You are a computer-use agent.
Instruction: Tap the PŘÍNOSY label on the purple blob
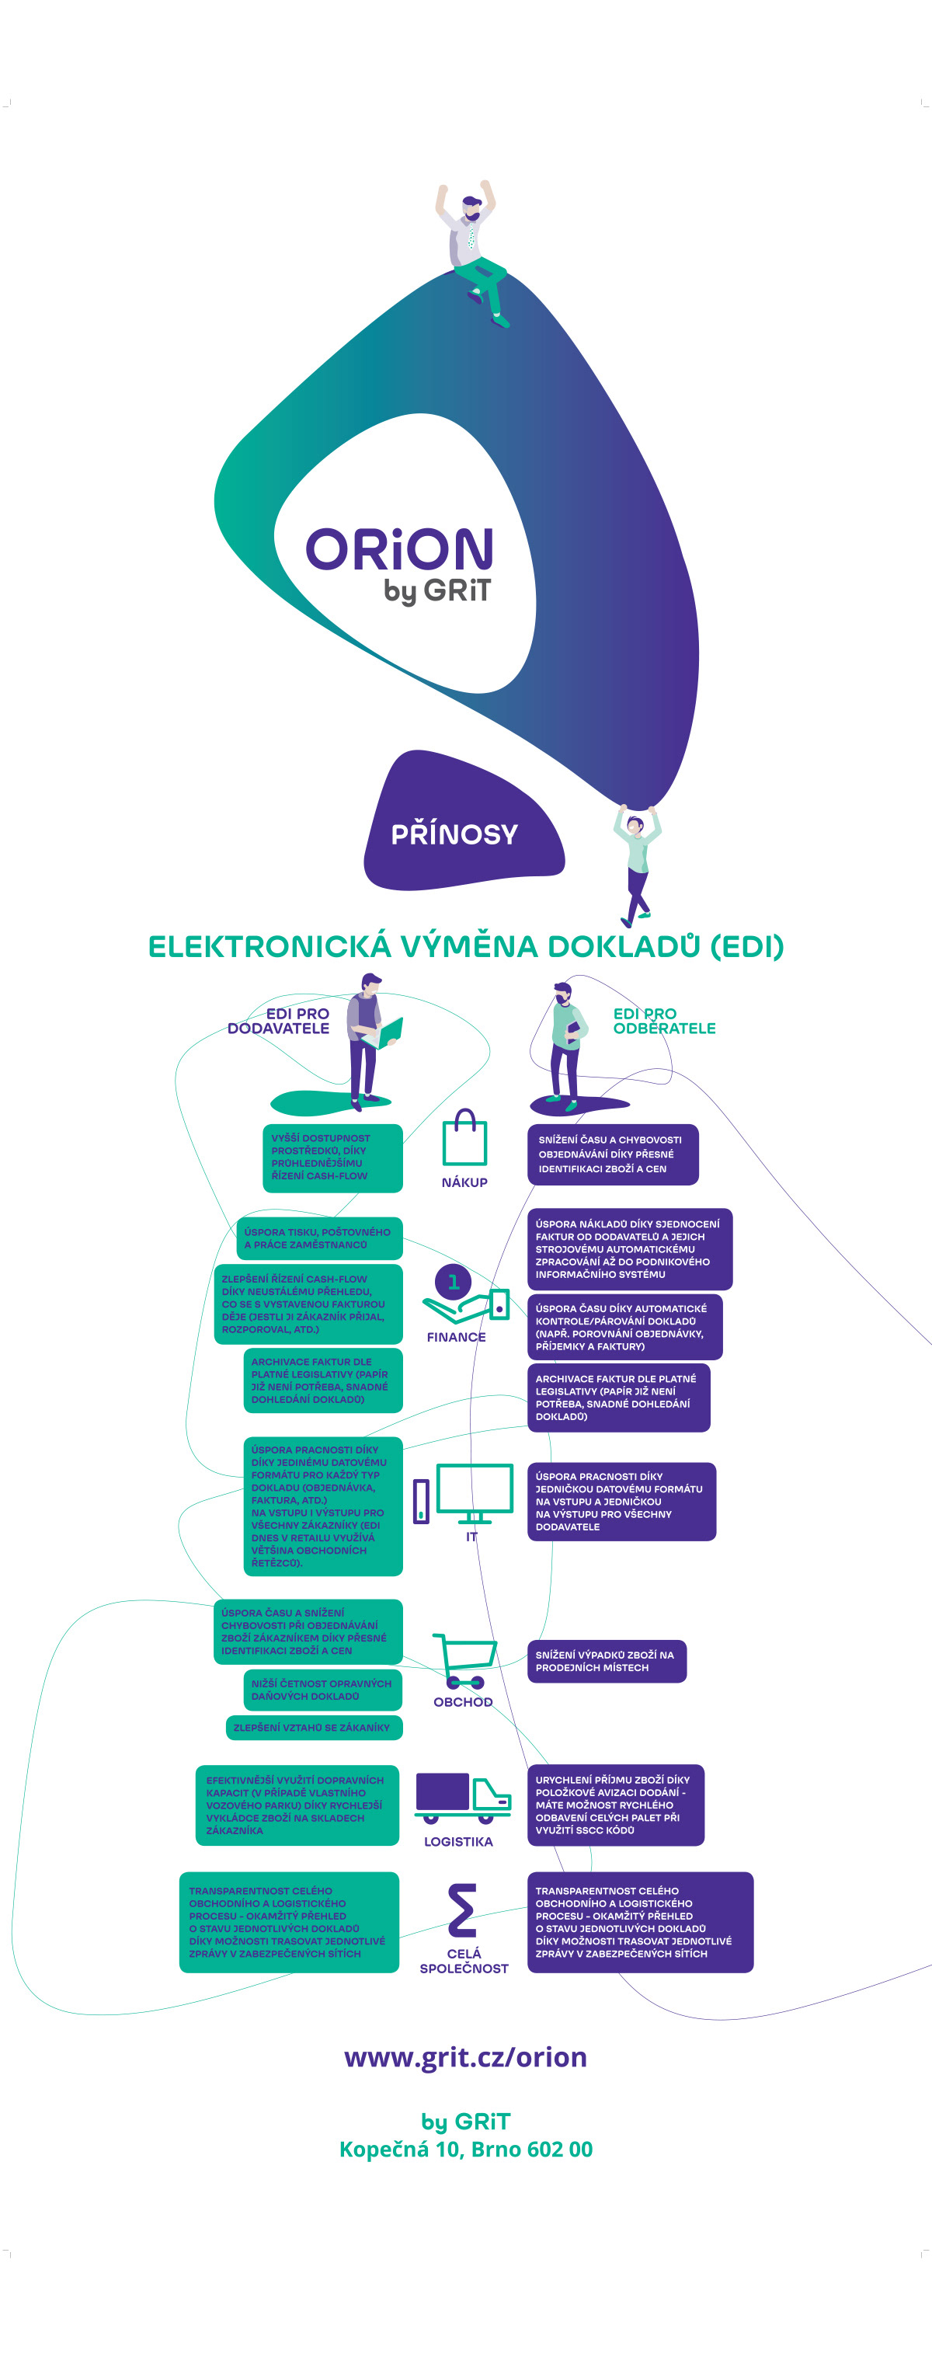(x=454, y=834)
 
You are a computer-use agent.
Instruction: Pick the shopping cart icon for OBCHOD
(x=464, y=1660)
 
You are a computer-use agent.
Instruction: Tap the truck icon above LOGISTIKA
(x=462, y=1797)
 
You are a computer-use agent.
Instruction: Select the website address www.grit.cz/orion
(x=465, y=2057)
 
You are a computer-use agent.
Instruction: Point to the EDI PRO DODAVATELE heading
(x=279, y=1021)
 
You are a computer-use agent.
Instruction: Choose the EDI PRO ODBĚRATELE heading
(x=663, y=1021)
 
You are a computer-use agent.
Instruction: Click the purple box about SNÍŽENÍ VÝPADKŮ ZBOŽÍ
(x=607, y=1661)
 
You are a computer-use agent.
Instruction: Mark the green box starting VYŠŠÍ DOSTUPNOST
(x=332, y=1158)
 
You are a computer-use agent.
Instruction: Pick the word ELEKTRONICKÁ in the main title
(x=270, y=947)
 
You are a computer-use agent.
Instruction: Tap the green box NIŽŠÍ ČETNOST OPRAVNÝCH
(x=323, y=1690)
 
